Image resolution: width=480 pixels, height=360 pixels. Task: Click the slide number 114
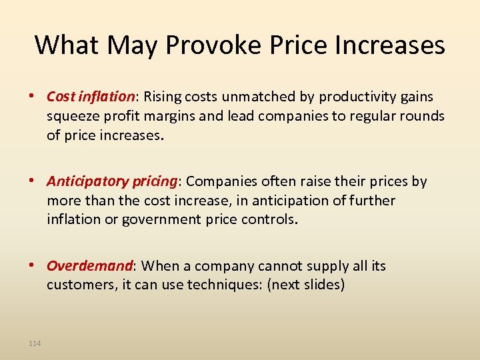pos(35,343)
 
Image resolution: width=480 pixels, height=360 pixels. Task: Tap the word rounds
pos(419,116)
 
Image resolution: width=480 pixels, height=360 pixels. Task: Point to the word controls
pos(266,220)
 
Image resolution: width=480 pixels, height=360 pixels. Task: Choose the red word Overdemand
pos(89,266)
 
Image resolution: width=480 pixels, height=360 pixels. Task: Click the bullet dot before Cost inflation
pos(36,97)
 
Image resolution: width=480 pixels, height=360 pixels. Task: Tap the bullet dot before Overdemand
pos(36,266)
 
